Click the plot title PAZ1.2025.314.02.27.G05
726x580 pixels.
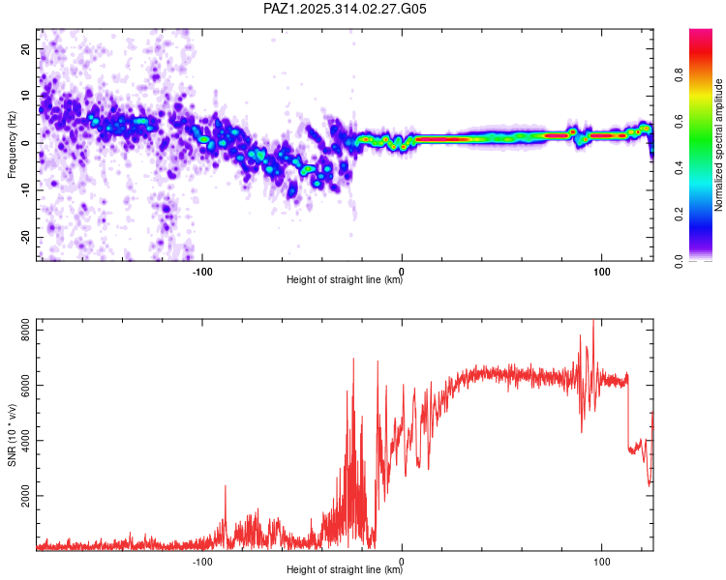point(346,9)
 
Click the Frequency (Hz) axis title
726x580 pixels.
point(12,144)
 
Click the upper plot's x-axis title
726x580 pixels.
point(345,280)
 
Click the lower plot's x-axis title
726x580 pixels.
point(345,570)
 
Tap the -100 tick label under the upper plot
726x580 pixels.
point(201,271)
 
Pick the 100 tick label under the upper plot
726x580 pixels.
point(601,271)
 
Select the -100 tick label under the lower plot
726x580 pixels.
point(201,561)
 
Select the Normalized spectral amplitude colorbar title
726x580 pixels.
point(719,145)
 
